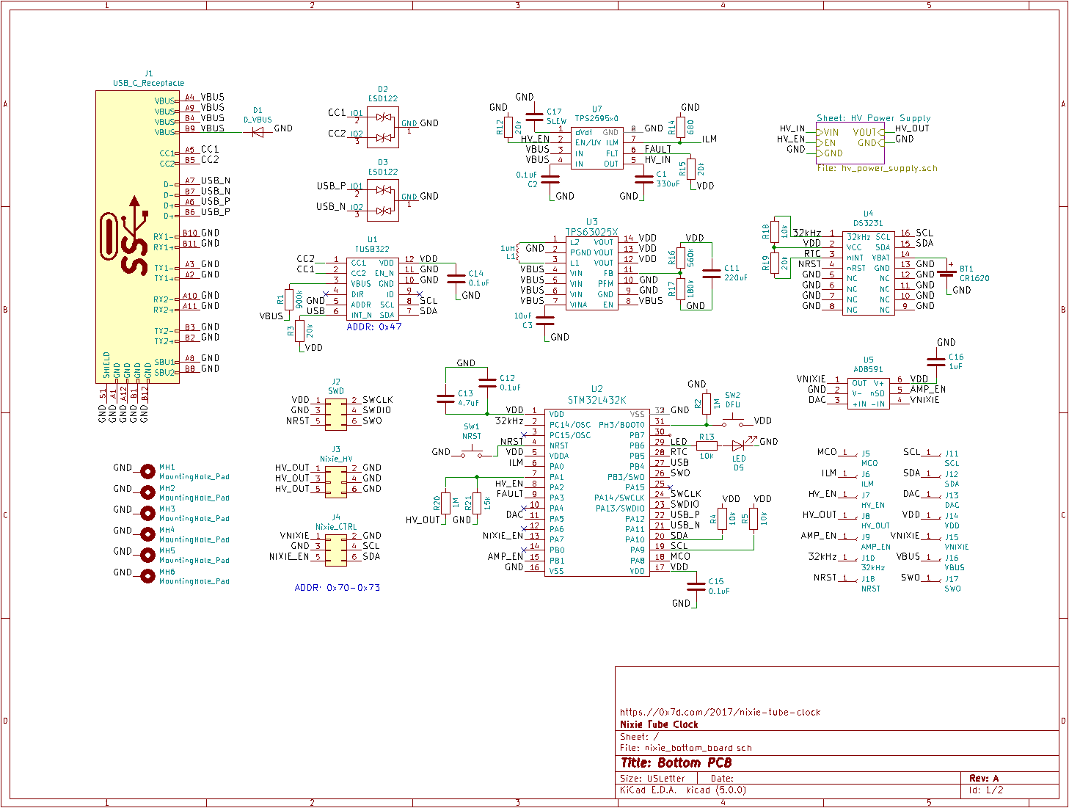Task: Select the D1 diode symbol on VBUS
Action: [x=258, y=132]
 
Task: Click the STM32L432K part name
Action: [x=596, y=400]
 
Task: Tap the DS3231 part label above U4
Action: [x=868, y=223]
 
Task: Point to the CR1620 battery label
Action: [x=974, y=278]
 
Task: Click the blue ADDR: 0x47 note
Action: [x=374, y=327]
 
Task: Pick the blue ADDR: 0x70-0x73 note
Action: [x=337, y=588]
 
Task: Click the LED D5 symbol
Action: [x=739, y=445]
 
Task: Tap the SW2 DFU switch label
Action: [x=732, y=400]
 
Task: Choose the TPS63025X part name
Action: [x=591, y=232]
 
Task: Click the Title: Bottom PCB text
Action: [x=676, y=763]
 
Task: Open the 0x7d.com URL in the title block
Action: [x=720, y=712]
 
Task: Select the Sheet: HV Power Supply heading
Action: [x=873, y=118]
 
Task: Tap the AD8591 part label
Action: [x=868, y=370]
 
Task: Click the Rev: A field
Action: [x=983, y=778]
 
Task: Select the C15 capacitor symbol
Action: [x=696, y=586]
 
